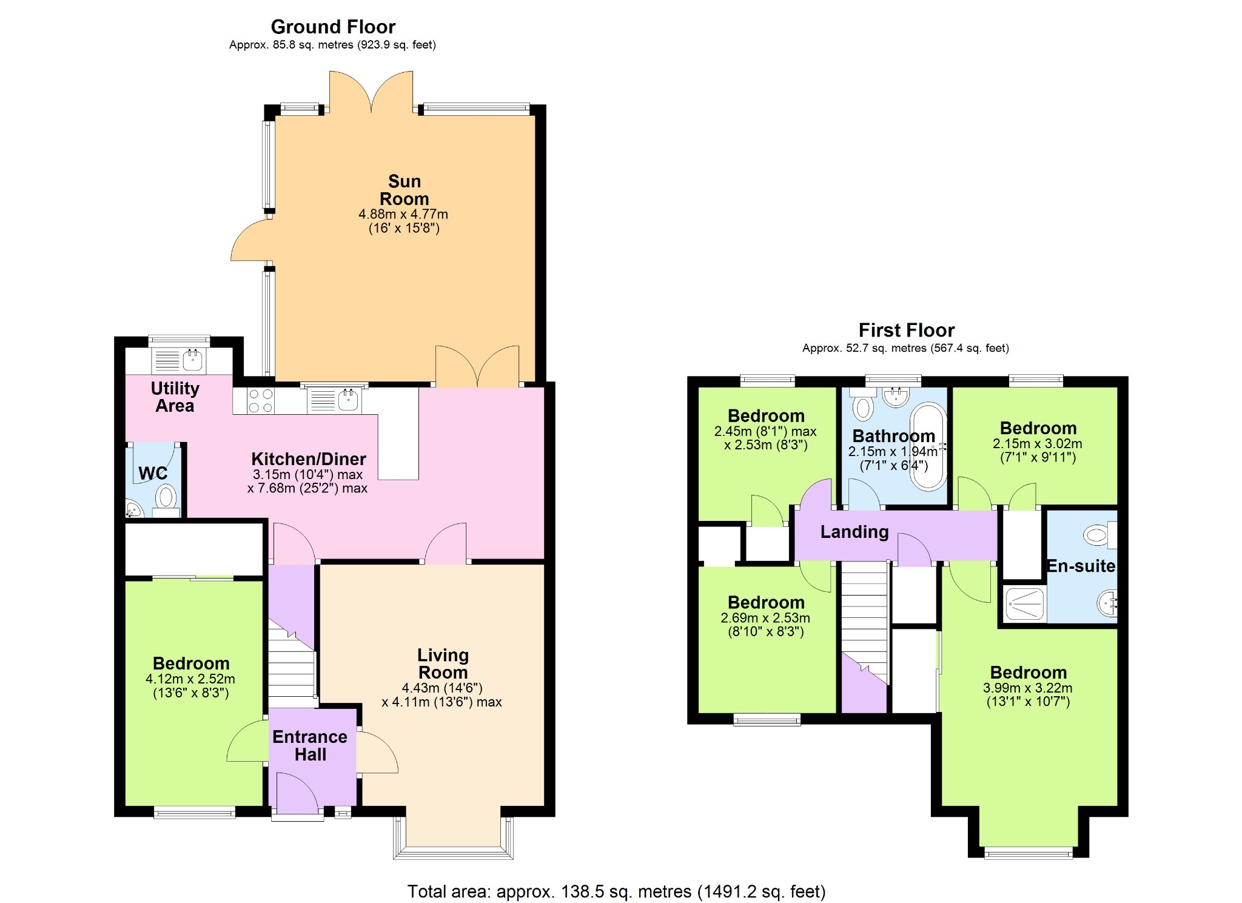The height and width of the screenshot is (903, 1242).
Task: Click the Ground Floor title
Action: click(x=333, y=27)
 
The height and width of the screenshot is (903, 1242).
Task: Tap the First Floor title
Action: click(x=907, y=330)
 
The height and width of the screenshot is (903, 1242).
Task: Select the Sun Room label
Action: click(x=404, y=190)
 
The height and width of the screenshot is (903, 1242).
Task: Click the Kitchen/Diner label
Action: click(x=309, y=458)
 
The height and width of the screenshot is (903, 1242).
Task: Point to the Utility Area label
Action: click(x=175, y=397)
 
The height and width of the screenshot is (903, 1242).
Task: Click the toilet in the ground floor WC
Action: click(x=166, y=501)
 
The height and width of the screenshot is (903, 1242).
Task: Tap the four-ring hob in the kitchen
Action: click(x=261, y=400)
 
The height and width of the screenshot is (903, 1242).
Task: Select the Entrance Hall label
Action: click(x=310, y=745)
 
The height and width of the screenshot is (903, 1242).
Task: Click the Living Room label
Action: click(x=443, y=663)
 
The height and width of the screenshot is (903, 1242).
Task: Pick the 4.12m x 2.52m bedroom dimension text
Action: click(x=190, y=686)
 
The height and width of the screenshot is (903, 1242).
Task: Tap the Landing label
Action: click(x=854, y=532)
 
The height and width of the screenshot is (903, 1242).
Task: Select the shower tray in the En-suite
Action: click(x=1024, y=603)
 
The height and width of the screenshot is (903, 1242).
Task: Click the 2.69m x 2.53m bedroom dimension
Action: click(x=765, y=625)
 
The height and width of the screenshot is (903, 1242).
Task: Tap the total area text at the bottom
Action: click(x=616, y=891)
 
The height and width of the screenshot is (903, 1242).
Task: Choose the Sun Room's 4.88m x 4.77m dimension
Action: click(x=403, y=221)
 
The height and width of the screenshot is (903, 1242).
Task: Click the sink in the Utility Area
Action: click(x=193, y=360)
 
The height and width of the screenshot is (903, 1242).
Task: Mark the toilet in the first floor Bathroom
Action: click(x=863, y=405)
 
